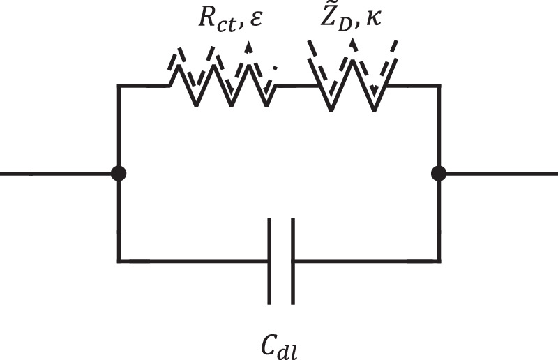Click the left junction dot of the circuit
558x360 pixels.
[x=119, y=174]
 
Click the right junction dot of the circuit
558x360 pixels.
[x=439, y=174]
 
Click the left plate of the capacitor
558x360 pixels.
[x=270, y=262]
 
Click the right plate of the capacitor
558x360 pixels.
[x=292, y=262]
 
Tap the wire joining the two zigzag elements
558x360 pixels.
[x=296, y=86]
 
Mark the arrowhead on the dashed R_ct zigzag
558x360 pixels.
[x=248, y=47]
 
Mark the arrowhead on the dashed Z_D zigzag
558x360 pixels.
[x=353, y=43]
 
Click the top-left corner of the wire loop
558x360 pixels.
[x=119, y=86]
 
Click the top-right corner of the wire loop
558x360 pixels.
[x=439, y=86]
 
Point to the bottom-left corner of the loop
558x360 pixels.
[x=119, y=262]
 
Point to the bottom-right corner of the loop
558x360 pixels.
[x=439, y=262]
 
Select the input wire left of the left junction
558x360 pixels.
[x=56, y=174]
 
